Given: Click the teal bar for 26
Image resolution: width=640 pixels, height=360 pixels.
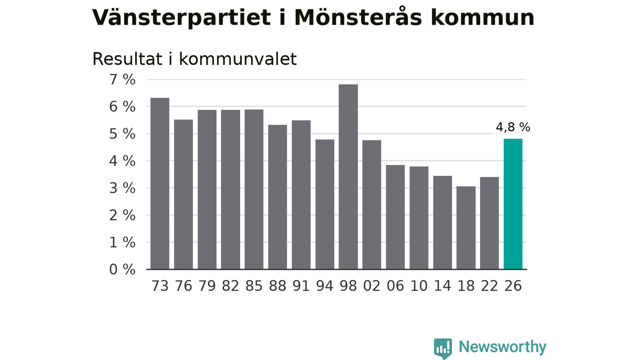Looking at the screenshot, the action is click(x=513, y=204).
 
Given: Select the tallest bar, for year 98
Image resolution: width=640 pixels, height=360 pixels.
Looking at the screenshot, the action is click(x=348, y=177).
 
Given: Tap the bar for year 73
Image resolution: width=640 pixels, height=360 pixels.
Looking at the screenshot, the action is click(x=159, y=183).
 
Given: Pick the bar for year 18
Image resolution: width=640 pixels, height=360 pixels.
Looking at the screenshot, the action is click(x=466, y=227).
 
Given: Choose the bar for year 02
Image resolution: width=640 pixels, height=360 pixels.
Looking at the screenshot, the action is click(x=371, y=205).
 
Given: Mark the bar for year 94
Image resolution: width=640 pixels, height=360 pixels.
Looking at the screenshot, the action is click(x=325, y=204).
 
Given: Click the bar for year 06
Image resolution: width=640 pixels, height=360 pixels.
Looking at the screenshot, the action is click(x=395, y=217).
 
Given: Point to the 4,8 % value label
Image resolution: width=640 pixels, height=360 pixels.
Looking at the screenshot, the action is click(x=513, y=127).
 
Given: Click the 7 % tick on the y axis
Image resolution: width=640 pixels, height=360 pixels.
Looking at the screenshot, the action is click(x=122, y=79).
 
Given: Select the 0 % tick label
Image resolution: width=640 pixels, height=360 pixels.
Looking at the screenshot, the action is click(x=122, y=269).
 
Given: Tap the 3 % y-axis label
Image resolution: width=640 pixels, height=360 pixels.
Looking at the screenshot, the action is click(x=122, y=188).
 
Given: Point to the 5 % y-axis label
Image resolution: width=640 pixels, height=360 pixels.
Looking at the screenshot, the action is click(x=122, y=134).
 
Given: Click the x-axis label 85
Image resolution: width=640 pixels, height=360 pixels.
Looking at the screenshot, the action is click(x=253, y=286).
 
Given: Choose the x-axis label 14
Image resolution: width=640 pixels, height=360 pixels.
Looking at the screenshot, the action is click(x=442, y=286).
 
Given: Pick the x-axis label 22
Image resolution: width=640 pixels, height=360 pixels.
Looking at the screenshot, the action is click(x=489, y=286).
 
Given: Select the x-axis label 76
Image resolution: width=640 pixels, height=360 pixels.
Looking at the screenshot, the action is click(x=183, y=286).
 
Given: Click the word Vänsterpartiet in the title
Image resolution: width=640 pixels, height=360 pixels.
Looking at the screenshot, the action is click(x=181, y=18).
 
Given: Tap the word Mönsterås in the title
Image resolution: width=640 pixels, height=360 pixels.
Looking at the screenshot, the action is click(x=358, y=17).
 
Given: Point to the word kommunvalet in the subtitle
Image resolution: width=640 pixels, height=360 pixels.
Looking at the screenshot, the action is click(x=237, y=59).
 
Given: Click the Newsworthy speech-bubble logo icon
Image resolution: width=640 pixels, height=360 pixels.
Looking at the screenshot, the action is click(x=443, y=348).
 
